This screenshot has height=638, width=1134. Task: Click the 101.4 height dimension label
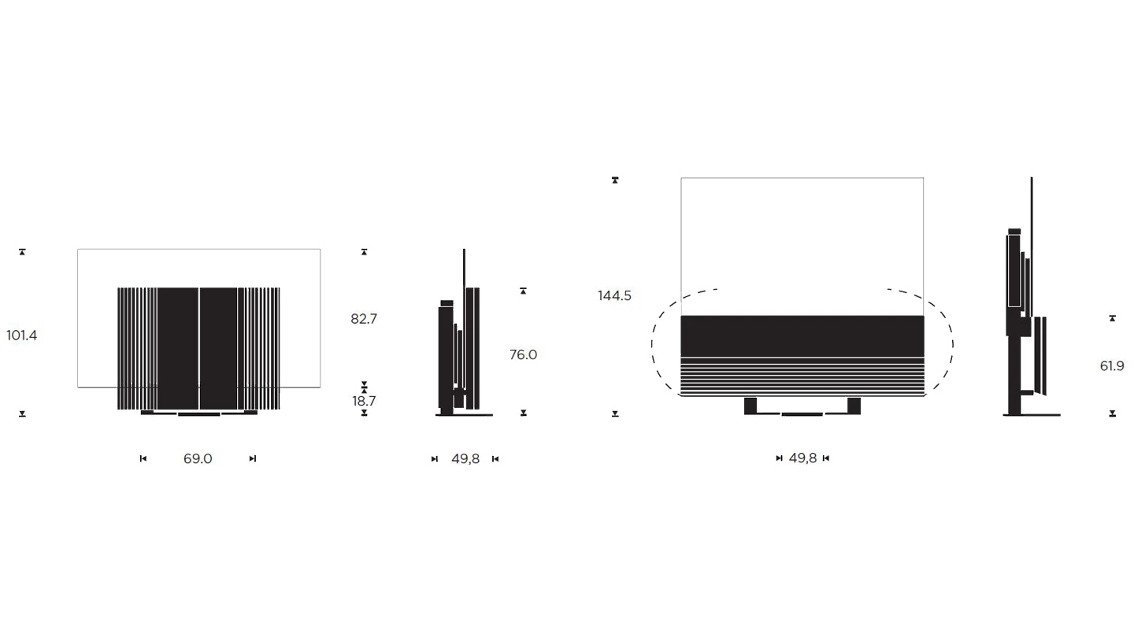click(22, 336)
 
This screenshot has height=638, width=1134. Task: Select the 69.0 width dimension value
click(198, 458)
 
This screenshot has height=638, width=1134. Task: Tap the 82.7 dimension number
click(364, 319)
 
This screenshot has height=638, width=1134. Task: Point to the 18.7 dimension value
click(364, 401)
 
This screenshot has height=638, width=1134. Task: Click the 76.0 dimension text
click(523, 355)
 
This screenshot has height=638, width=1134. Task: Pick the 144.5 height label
click(614, 296)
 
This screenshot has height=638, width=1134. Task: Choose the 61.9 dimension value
click(1112, 366)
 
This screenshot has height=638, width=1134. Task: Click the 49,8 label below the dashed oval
click(802, 458)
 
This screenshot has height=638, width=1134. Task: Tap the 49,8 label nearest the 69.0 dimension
click(465, 458)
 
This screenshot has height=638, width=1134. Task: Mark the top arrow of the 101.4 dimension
click(23, 251)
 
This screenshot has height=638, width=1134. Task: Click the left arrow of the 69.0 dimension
click(143, 458)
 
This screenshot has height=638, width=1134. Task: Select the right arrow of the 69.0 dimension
click(251, 458)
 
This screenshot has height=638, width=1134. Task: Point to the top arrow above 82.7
click(364, 252)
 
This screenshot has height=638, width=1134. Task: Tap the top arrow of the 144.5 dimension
click(615, 181)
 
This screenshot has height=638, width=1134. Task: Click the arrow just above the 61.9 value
click(1112, 318)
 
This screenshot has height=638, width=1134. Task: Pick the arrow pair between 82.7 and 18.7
click(364, 387)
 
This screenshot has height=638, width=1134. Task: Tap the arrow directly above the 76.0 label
click(523, 291)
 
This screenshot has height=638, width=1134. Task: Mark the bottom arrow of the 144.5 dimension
click(615, 414)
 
